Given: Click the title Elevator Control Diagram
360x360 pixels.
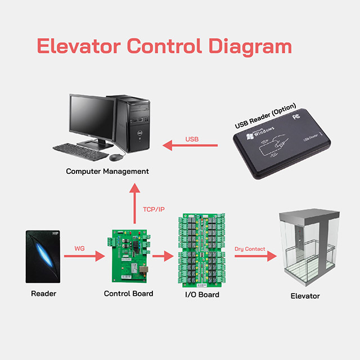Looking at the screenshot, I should [164, 46].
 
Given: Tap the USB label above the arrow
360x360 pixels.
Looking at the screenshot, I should [192, 139].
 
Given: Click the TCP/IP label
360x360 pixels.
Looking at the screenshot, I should [154, 209].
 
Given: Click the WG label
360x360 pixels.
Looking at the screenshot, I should [80, 249].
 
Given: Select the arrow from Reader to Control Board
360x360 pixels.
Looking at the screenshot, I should [84, 256].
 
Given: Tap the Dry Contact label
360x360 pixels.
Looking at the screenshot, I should [249, 248].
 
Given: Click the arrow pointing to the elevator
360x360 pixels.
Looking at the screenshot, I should [255, 256].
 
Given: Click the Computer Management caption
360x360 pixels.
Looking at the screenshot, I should [107, 171].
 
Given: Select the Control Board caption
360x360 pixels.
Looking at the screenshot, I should [128, 294].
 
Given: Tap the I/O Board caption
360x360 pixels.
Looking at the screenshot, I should [201, 295].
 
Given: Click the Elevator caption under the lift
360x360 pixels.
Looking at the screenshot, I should [305, 296].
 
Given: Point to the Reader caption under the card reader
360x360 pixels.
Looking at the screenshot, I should [43, 294].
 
